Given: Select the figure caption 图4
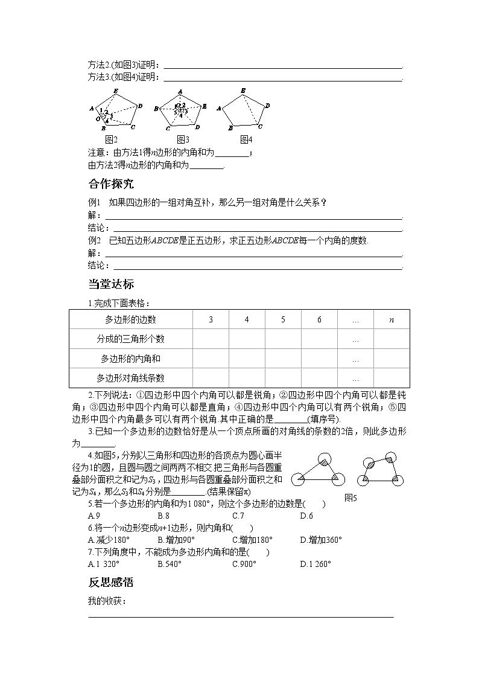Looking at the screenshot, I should point(246,139).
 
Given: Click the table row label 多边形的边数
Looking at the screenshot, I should point(130,319).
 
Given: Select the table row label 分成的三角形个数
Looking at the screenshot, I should point(130,339).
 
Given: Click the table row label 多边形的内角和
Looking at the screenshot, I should point(130,359).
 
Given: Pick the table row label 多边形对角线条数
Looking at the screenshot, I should point(130,379).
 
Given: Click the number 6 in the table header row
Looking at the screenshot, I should point(319,319).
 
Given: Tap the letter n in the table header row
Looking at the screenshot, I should point(391,319).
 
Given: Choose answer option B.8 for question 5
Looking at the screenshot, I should point(163,516).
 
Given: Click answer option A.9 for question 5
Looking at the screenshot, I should point(94,516).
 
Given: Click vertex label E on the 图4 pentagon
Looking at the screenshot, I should point(243,91).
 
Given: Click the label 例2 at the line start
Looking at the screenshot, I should point(95,240).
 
